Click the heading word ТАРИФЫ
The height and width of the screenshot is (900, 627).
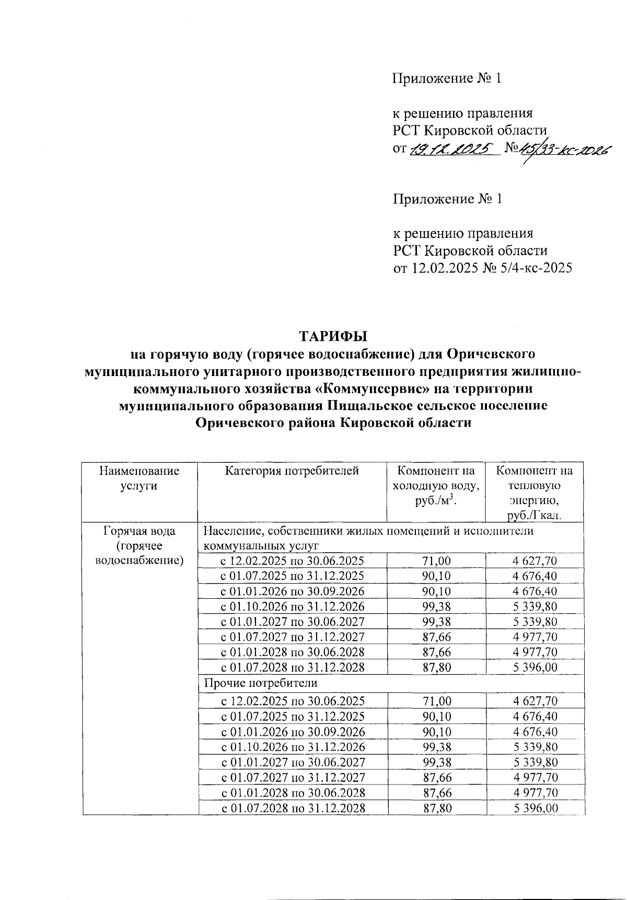(333, 335)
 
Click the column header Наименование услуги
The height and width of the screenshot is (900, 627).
(139, 478)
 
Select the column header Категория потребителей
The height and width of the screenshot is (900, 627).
(292, 471)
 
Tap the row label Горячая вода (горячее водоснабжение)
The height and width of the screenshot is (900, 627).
(140, 546)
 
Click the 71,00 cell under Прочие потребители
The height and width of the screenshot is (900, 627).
(437, 701)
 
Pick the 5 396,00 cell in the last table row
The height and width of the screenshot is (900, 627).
(535, 808)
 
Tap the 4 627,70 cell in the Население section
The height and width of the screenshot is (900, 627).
(535, 561)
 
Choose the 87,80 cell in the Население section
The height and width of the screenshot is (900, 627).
(436, 667)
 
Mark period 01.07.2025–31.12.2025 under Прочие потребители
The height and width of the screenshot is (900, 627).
(292, 716)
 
